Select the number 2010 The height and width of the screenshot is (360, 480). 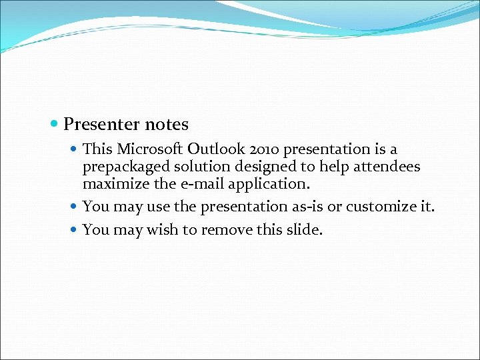(262, 149)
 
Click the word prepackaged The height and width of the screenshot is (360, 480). (123, 167)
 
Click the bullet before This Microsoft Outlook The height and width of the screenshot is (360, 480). (74, 149)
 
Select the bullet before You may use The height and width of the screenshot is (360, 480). (74, 207)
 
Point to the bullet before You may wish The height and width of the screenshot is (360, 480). (74, 231)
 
